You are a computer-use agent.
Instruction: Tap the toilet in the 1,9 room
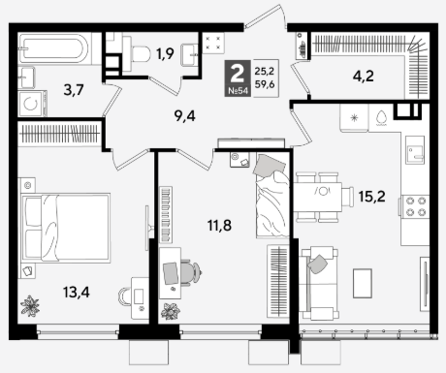coord(138,53)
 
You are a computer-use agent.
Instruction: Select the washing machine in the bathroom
coord(32,104)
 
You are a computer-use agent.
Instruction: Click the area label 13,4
coord(77,293)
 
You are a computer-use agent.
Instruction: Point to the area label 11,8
coord(219,225)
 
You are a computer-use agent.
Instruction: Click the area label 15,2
coord(371,196)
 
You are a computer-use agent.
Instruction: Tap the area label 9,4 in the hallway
coord(185,116)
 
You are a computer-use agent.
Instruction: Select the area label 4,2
coord(364,77)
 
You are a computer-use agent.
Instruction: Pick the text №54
coord(238,91)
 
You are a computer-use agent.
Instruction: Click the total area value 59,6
coord(265,84)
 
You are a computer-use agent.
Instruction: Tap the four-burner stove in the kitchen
coord(416,206)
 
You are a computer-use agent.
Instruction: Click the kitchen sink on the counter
coord(415,149)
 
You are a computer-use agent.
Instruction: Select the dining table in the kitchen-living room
coord(317,197)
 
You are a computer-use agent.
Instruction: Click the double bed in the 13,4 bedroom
coord(65,227)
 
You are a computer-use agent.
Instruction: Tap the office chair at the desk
coord(191,273)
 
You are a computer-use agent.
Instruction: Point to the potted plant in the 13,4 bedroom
coord(30,305)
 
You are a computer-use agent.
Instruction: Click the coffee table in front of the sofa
coord(363,283)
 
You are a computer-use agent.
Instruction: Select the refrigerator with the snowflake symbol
coord(354,118)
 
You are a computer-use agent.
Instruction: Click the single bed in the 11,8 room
coord(272,196)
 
